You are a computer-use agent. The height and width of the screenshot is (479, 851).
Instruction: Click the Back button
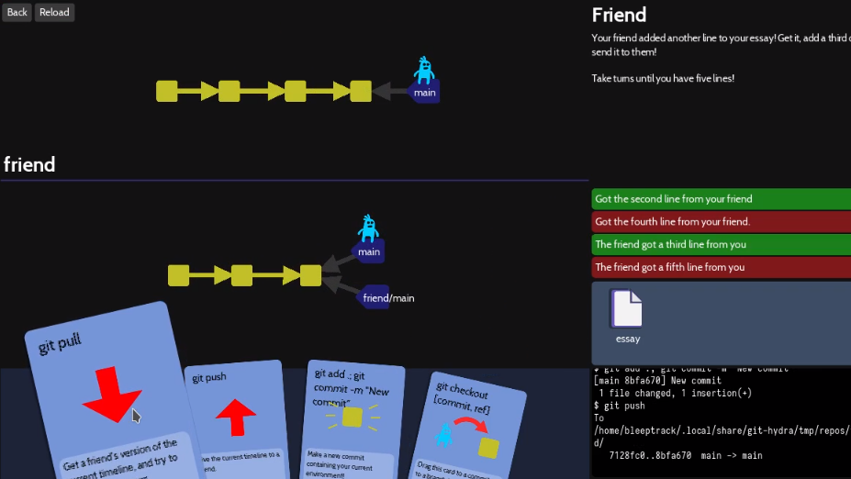pyautogui.click(x=17, y=12)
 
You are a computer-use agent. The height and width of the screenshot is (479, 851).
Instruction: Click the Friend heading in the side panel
pyautogui.click(x=619, y=15)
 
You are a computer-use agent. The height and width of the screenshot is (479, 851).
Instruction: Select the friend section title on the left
pyautogui.click(x=29, y=164)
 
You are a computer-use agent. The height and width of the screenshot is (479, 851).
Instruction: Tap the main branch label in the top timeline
pyautogui.click(x=424, y=93)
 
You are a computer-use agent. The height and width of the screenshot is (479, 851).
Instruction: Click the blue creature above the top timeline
pyautogui.click(x=423, y=70)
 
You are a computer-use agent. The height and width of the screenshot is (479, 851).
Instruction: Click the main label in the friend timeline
pyautogui.click(x=368, y=252)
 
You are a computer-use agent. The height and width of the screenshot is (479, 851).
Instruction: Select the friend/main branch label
pyautogui.click(x=387, y=297)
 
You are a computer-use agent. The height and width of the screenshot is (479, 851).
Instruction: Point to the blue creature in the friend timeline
pyautogui.click(x=368, y=228)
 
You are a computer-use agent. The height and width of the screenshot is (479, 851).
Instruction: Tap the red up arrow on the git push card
pyautogui.click(x=236, y=415)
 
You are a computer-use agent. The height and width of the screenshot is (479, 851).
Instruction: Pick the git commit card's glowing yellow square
pyautogui.click(x=351, y=418)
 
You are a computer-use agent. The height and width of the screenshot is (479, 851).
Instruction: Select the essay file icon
pyautogui.click(x=627, y=309)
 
